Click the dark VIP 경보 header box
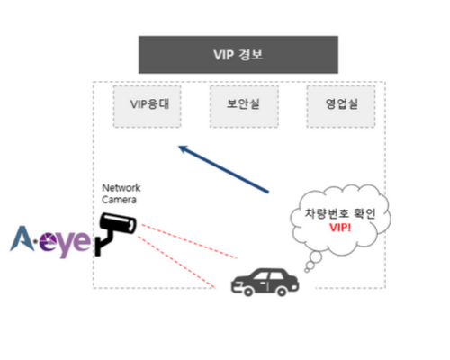(x=238, y=55)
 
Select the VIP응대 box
(x=147, y=106)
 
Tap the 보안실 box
(x=244, y=106)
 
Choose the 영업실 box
(x=341, y=106)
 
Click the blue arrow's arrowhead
(x=183, y=148)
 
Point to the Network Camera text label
(x=121, y=193)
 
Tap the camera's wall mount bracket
(x=103, y=244)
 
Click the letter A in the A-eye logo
(x=21, y=238)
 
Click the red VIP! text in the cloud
(x=340, y=228)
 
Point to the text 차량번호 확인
(x=340, y=213)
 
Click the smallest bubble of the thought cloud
(x=307, y=270)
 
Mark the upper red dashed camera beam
(x=189, y=241)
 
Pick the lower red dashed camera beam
(x=176, y=262)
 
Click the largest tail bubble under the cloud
(x=316, y=256)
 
